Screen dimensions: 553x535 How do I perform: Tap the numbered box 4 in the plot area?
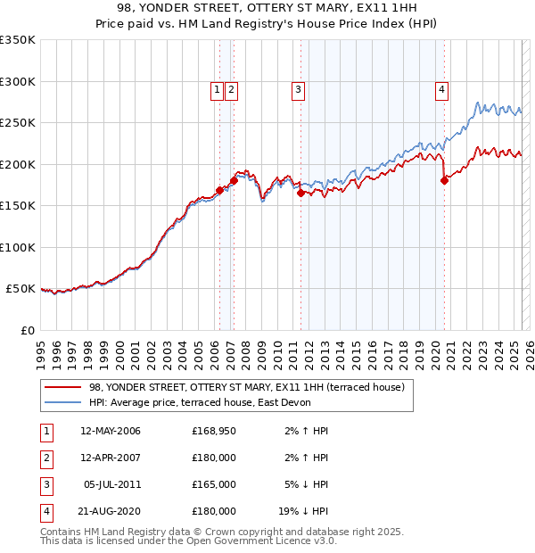[442, 89]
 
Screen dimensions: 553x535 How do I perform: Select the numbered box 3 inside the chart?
[297, 89]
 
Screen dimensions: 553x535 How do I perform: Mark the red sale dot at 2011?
[300, 193]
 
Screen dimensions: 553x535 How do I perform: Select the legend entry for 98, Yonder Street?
[247, 387]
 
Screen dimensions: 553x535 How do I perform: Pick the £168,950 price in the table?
[214, 431]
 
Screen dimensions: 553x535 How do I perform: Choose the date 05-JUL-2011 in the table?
[112, 484]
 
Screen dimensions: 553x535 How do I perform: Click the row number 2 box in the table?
[45, 458]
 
